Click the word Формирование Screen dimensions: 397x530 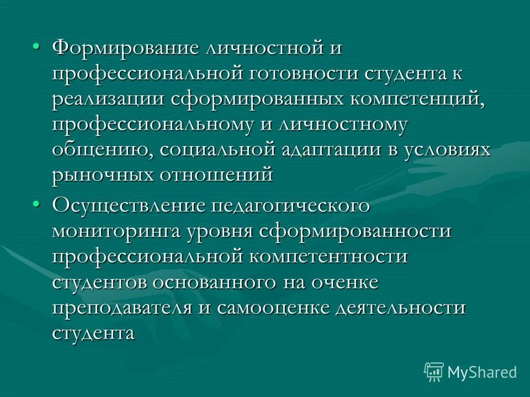point(125,48)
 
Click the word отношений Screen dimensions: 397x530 point(217,175)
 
